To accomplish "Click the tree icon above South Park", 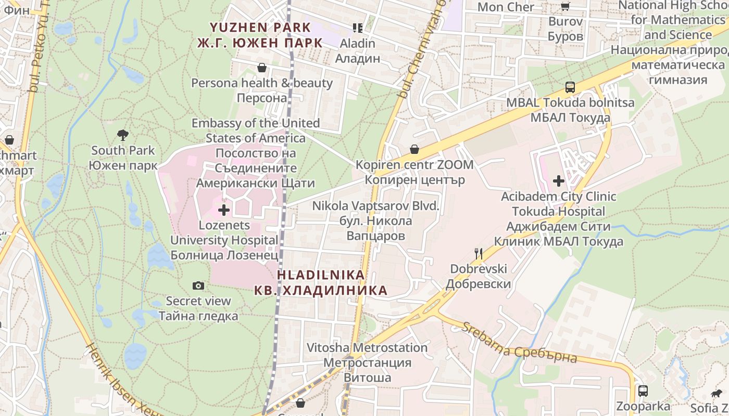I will tap(122, 135).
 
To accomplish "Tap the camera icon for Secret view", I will tap(198, 285).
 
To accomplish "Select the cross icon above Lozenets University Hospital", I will tap(224, 210).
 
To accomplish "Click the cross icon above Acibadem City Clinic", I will tap(559, 181).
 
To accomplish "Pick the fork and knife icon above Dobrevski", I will tap(479, 254).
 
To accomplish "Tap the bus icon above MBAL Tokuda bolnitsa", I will tap(570, 87).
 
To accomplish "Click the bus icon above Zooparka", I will tap(643, 391).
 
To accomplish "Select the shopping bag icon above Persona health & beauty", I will tap(262, 68).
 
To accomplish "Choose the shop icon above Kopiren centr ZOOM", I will tap(414, 150).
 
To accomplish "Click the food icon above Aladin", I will tap(357, 28).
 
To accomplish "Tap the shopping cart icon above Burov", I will tap(565, 6).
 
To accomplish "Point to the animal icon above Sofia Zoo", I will tap(717, 394).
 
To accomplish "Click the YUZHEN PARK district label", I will tap(260, 35).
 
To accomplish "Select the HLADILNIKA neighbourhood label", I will tap(321, 282).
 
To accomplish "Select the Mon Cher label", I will tap(506, 7).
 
